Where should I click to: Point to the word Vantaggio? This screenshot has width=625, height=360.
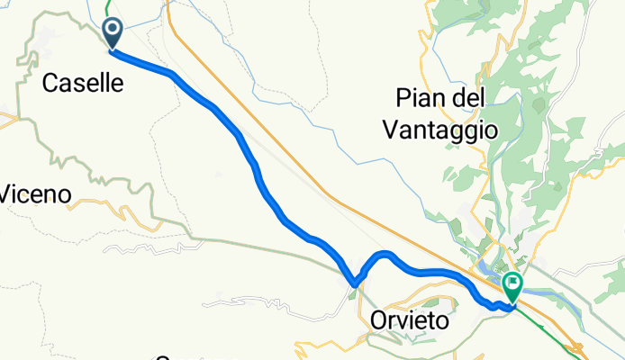[x=439, y=129]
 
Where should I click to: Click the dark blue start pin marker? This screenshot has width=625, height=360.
[x=113, y=33]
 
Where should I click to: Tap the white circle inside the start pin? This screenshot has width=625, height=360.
[x=113, y=29]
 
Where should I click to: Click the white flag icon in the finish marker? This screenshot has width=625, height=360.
[x=512, y=284]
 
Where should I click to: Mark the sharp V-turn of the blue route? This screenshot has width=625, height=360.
[x=354, y=284]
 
